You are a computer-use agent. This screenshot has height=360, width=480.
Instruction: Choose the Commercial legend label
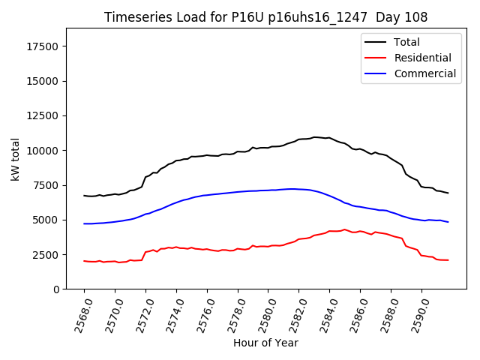pyautogui.click(x=424, y=73)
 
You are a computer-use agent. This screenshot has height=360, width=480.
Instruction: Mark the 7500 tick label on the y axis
pyautogui.click(x=47, y=185)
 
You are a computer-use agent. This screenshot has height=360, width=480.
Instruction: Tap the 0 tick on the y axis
pyautogui.click(x=58, y=289)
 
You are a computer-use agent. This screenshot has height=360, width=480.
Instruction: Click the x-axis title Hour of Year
pyautogui.click(x=265, y=343)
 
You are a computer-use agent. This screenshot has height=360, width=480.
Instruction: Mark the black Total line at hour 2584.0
pyautogui.click(x=329, y=138)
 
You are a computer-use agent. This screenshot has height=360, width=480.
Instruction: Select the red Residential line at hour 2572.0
pyautogui.click(x=145, y=252)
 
